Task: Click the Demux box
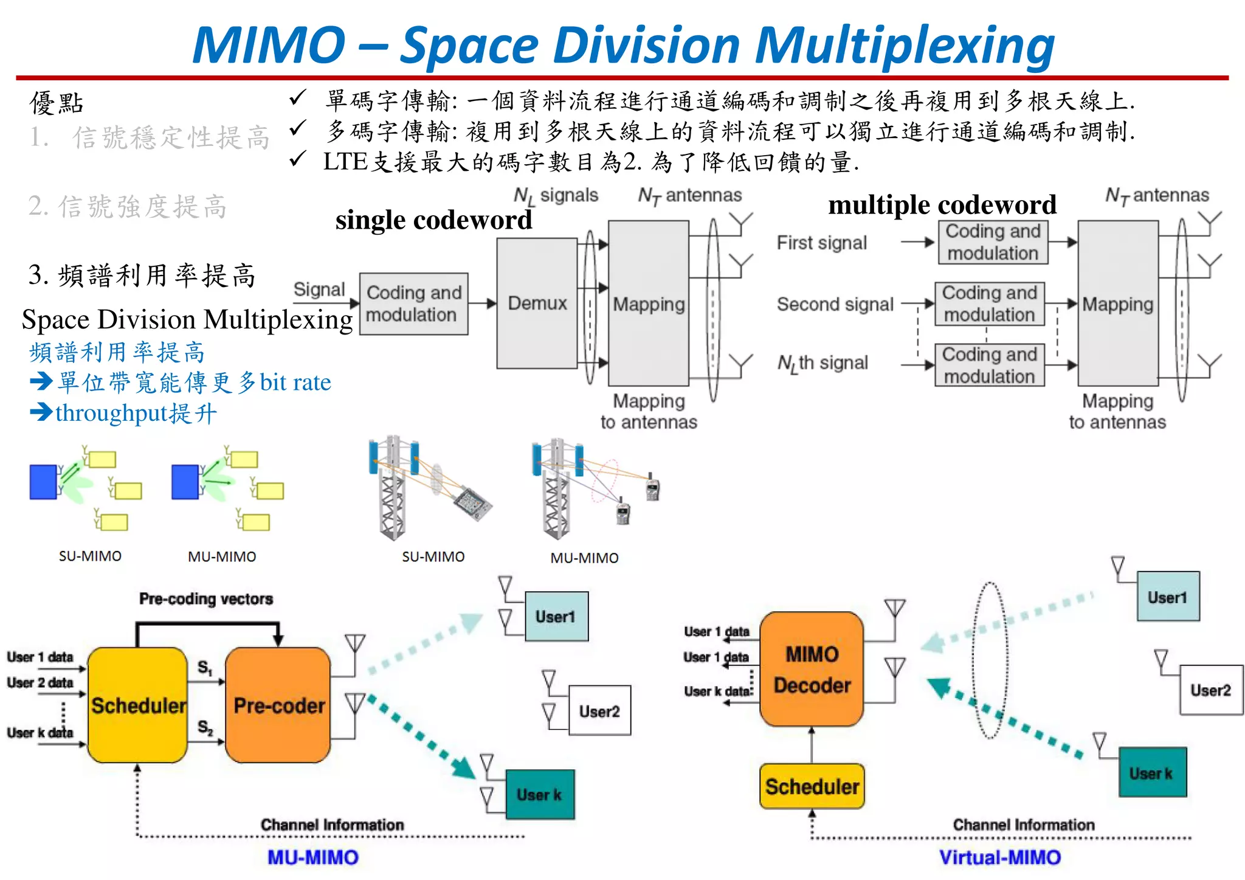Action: point(537,303)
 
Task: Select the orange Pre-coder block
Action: point(278,705)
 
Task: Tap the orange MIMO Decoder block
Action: point(812,670)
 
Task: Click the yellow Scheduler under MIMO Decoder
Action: point(812,786)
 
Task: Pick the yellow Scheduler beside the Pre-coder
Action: point(138,705)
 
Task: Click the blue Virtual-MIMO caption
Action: point(999,857)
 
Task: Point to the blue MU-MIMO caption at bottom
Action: point(313,857)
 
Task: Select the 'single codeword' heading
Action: point(433,220)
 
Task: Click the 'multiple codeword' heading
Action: point(942,205)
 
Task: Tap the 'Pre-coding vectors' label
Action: point(206,599)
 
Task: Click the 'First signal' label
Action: point(821,243)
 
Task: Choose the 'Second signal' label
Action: point(835,304)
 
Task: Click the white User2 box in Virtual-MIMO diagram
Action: point(1210,690)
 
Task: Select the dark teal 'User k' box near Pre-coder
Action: point(539,794)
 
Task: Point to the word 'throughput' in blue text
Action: point(111,413)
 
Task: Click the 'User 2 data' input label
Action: point(40,682)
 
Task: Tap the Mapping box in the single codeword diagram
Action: point(648,303)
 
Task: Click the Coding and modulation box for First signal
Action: point(993,242)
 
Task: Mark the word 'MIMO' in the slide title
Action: point(269,46)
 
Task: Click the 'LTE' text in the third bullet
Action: point(345,162)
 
